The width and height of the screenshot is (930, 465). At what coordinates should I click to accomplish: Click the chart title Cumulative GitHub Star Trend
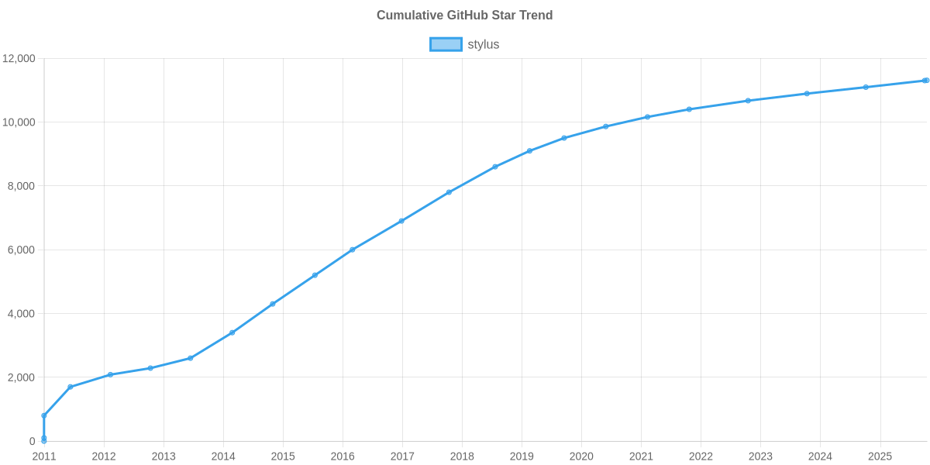coord(464,15)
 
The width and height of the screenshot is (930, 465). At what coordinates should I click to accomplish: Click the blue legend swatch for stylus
coord(446,45)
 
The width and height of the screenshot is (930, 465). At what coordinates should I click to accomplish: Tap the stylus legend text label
coord(484,45)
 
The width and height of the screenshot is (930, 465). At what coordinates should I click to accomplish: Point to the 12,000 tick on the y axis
coord(19,59)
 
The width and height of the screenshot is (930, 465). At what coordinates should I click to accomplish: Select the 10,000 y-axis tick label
coord(19,122)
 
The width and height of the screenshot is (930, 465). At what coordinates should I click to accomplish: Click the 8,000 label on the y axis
coord(22,186)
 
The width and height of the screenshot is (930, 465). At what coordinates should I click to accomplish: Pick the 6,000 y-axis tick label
coord(22,250)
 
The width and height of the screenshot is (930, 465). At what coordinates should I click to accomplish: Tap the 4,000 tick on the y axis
coord(22,314)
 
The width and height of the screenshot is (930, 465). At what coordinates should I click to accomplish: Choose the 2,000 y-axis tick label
coord(22,377)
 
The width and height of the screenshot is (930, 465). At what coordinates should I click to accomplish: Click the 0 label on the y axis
coord(33,442)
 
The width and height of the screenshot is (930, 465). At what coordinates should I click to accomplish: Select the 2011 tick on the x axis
coord(44,456)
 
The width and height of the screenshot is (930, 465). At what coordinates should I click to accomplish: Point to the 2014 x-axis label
coord(223,456)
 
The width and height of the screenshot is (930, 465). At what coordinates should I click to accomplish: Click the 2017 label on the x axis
coord(402,456)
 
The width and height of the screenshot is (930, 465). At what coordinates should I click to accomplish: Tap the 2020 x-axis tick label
coord(581,456)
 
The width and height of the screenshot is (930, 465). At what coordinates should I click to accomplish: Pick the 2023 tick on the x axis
coord(760,456)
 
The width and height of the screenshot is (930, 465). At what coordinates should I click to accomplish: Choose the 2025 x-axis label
coord(880,456)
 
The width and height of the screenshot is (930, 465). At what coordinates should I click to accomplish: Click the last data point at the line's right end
coord(925,81)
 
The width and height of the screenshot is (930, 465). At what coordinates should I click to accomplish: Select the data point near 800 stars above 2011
coord(44,415)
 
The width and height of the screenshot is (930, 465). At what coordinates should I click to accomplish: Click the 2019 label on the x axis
coord(522,456)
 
